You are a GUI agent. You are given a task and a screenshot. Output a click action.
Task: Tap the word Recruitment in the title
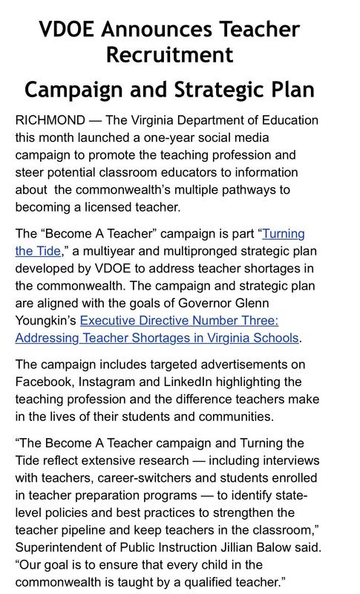pos(169,55)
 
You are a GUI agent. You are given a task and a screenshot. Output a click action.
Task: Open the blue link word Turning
pos(284,234)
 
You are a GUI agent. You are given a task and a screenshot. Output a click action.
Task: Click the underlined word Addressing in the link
pos(49,339)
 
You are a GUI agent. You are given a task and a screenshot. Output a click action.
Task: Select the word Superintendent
pos(65,548)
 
